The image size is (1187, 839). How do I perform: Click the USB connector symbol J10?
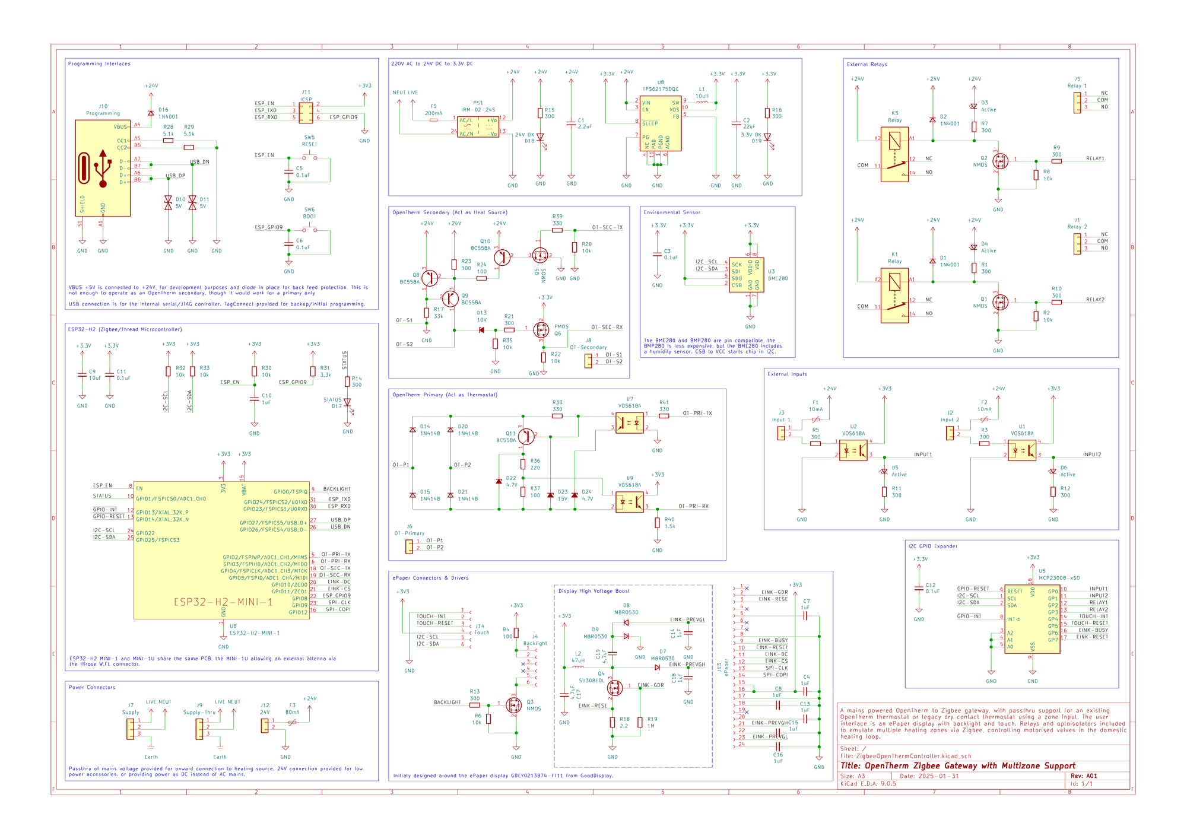coord(103,168)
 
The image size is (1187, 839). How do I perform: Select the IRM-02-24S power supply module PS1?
coord(478,127)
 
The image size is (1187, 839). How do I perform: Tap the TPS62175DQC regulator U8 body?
coord(660,123)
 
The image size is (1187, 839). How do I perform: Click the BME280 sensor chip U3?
coord(746,275)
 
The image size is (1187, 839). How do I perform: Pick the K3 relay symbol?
coord(894,154)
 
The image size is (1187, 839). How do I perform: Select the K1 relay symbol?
coord(894,295)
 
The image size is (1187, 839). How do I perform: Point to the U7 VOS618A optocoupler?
coord(629,423)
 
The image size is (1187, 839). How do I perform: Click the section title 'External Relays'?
coord(867,64)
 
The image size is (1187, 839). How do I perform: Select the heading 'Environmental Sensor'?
coord(672,212)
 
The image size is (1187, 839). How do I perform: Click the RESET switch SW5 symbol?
coord(309,158)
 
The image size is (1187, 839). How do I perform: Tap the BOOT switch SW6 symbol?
coord(309,230)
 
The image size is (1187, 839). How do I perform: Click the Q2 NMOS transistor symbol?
coord(1000,161)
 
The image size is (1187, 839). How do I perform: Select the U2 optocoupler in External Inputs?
coord(853,449)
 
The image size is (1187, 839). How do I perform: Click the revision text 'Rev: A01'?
coord(1084,776)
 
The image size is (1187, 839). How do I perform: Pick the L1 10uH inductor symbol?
coord(702,102)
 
